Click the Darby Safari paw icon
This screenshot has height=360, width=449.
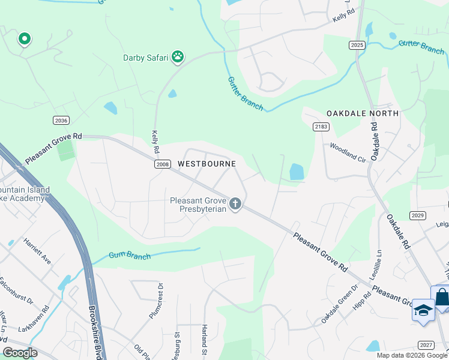(178, 56)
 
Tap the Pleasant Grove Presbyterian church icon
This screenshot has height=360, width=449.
(235, 205)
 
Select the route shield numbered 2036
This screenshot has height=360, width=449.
(61, 121)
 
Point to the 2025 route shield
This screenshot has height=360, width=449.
(357, 45)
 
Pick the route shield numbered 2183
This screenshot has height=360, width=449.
(321, 126)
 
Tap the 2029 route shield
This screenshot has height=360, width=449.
(418, 215)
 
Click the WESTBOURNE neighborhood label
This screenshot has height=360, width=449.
(206, 163)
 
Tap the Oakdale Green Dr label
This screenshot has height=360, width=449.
(339, 304)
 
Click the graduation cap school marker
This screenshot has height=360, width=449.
(423, 311)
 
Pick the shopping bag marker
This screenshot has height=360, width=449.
(442, 298)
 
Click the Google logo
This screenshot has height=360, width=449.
(20, 353)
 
